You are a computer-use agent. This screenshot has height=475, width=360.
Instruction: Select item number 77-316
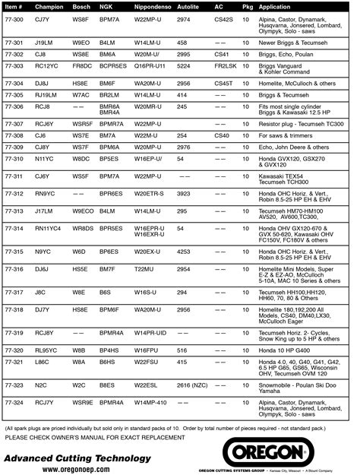(15, 268)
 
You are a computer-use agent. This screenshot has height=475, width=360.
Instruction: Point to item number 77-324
(15, 402)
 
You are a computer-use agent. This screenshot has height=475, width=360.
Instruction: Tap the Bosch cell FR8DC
(82, 66)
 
